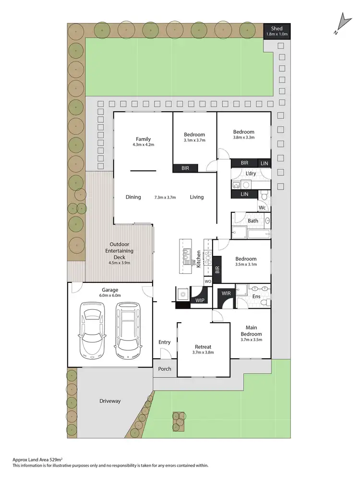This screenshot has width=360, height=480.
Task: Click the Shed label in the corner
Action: (x=276, y=28)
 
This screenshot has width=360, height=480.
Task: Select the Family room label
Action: (x=143, y=139)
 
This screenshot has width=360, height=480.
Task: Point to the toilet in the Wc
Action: (x=264, y=196)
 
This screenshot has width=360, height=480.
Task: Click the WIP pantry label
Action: (x=199, y=301)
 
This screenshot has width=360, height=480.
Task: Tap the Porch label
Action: (x=165, y=369)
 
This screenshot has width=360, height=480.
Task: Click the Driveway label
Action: (x=110, y=401)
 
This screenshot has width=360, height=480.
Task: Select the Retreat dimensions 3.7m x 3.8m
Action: (x=204, y=352)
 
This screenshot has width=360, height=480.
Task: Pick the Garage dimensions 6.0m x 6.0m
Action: (x=110, y=296)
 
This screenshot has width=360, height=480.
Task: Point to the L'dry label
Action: (x=251, y=174)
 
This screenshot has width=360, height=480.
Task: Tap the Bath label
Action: (x=253, y=221)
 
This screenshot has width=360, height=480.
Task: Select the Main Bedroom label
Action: (x=251, y=331)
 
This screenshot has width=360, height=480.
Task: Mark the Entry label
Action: (x=165, y=342)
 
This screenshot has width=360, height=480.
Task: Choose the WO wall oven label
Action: (x=208, y=281)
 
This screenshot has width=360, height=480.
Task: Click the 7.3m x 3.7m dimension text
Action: (x=165, y=197)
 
